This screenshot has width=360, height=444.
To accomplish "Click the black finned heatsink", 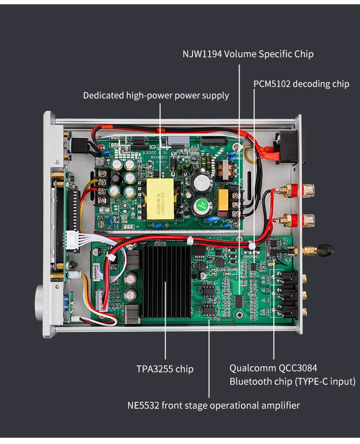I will pyautogui.click(x=164, y=283).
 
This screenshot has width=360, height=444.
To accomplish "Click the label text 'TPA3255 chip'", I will pyautogui.click(x=165, y=369).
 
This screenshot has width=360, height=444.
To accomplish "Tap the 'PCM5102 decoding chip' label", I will pyautogui.click(x=301, y=84).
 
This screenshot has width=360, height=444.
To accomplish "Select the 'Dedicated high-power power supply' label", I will pyautogui.click(x=156, y=95).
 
